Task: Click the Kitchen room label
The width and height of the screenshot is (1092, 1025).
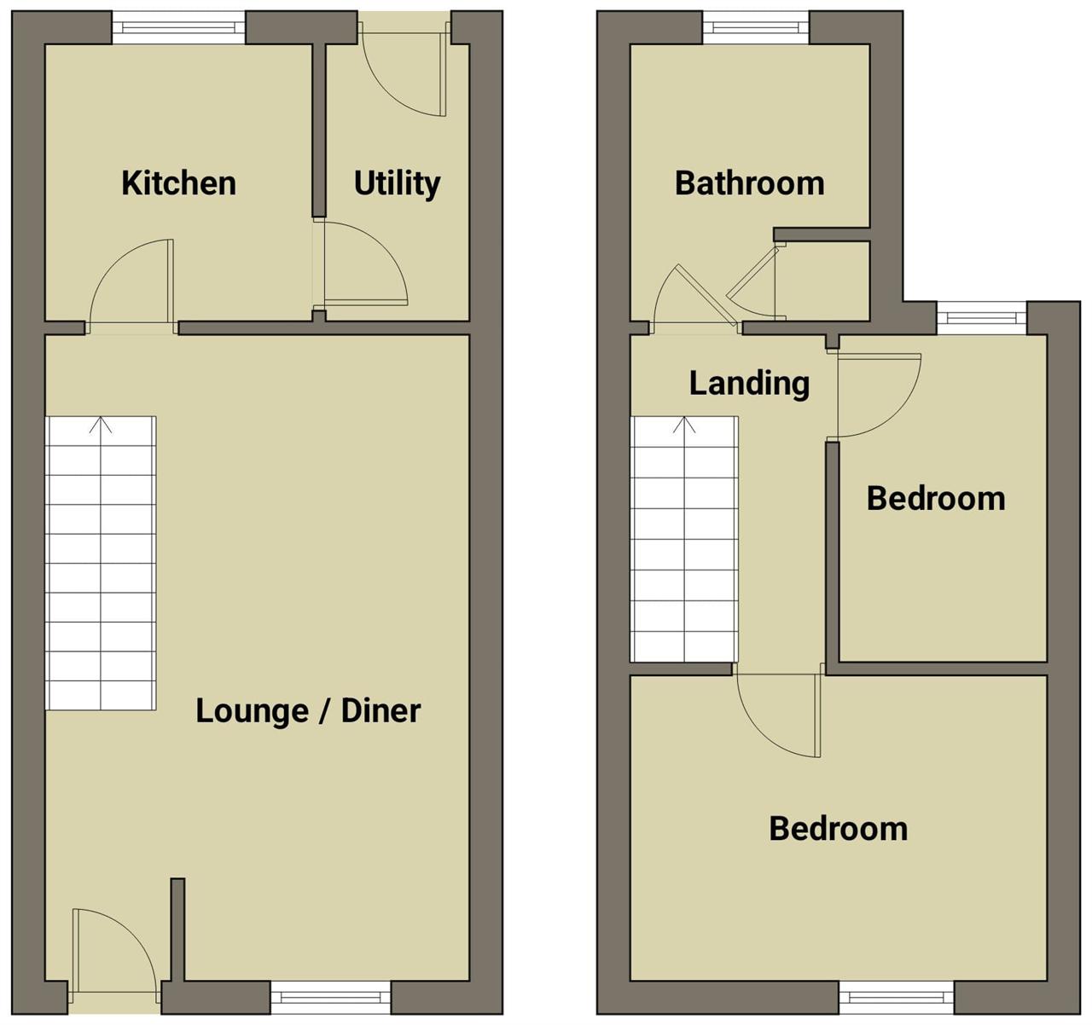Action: pos(178,183)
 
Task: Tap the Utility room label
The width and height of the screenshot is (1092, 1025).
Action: pos(397,183)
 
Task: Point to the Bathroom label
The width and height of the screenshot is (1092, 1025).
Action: pos(749,183)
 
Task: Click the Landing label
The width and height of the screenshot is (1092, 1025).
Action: pos(749,384)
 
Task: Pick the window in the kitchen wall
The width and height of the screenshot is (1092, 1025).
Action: pos(178,27)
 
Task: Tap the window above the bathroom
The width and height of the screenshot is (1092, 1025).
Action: pos(756,27)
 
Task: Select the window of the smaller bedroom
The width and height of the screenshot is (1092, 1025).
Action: pos(981,318)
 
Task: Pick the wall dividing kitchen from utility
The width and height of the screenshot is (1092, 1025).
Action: pos(319,130)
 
